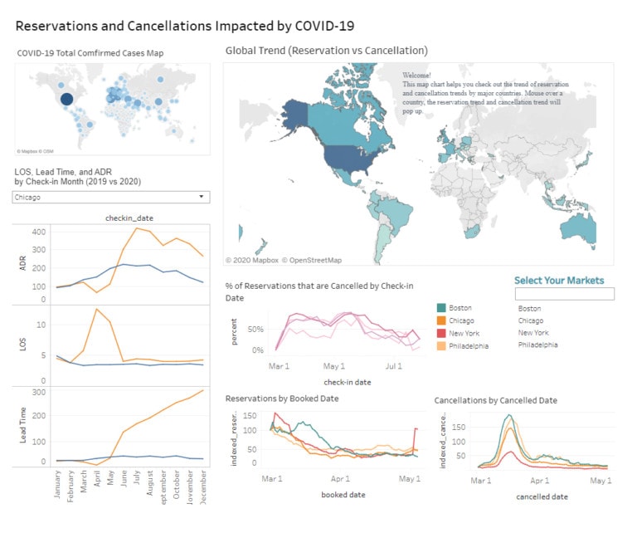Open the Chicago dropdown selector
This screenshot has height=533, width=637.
(x=111, y=198)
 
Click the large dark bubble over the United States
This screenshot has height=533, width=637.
(x=66, y=100)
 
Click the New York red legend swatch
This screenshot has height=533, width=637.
(x=441, y=333)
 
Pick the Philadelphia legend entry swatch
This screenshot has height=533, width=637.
(x=441, y=345)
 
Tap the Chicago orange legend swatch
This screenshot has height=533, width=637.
(x=441, y=321)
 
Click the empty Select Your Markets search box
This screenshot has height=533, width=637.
(x=564, y=294)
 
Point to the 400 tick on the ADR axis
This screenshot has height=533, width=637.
(x=38, y=231)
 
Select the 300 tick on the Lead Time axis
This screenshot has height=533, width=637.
(x=38, y=390)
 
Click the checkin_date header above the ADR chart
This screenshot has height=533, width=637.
(x=129, y=218)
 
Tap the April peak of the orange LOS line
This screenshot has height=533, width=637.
(x=97, y=309)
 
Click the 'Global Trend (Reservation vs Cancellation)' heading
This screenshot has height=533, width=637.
(x=326, y=51)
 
